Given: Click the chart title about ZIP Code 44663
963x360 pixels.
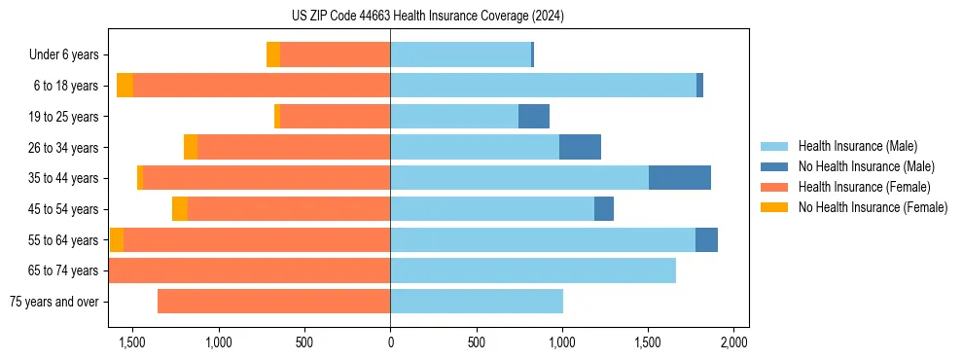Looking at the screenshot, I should (x=427, y=16).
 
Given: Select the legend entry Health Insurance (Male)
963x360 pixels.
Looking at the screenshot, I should (x=857, y=146).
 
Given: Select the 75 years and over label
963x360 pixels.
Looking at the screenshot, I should (x=53, y=302).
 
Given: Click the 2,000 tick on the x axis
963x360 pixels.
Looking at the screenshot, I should (x=733, y=342).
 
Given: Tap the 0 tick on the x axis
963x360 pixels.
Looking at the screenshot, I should (x=390, y=342).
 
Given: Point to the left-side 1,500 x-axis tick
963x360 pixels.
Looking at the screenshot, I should (x=132, y=342).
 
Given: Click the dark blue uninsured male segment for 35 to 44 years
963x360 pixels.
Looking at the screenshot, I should (x=679, y=178).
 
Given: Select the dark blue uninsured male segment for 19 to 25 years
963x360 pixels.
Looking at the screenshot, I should (x=534, y=117).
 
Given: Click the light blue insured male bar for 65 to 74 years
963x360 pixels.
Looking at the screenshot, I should (x=533, y=270).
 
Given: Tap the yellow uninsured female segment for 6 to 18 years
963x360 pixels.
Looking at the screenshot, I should (x=125, y=86).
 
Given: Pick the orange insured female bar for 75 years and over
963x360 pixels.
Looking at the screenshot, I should (x=273, y=302).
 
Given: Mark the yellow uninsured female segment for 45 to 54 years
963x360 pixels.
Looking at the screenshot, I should (x=180, y=209).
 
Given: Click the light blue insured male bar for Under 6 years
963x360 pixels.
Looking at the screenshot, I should (x=460, y=54).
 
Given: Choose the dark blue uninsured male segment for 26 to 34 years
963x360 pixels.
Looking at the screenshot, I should (x=580, y=147).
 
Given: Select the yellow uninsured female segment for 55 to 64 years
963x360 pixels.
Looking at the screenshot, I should (x=117, y=239).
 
